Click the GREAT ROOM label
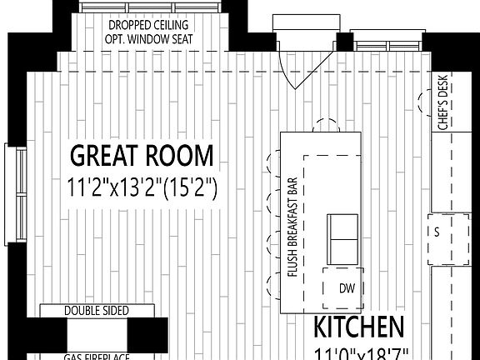(x=142, y=156)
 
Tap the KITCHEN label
(x=359, y=326)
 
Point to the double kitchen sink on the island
(x=342, y=237)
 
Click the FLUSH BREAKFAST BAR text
(x=292, y=227)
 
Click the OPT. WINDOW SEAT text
(x=147, y=37)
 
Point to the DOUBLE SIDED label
(x=97, y=311)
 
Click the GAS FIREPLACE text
(x=97, y=356)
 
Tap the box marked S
(x=436, y=231)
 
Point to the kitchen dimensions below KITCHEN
(x=359, y=352)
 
